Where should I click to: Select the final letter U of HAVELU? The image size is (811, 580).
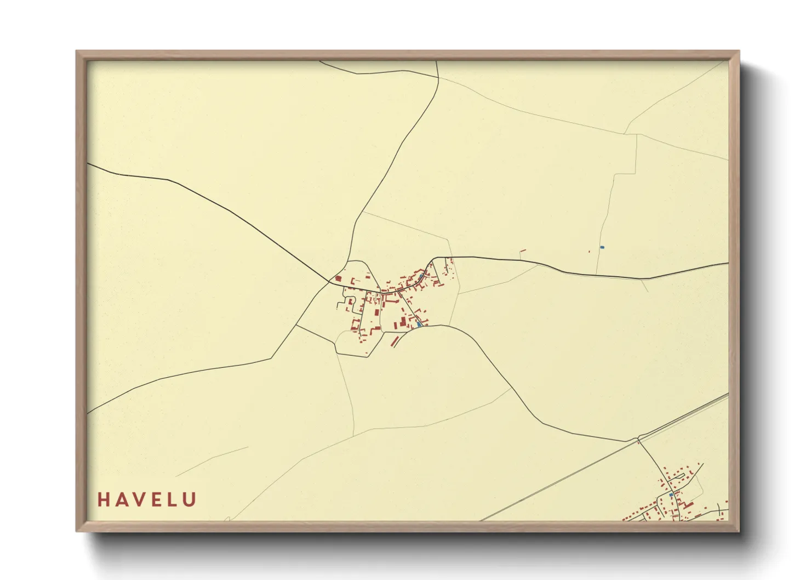(190, 499)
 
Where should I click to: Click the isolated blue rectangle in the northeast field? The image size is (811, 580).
(602, 247)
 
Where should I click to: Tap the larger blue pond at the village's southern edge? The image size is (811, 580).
(419, 323)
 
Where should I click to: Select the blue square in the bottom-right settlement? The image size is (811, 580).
(671, 494)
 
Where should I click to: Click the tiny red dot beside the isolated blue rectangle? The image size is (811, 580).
(589, 252)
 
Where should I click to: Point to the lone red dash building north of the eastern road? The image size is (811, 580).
(522, 251)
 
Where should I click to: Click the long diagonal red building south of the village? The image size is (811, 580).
(394, 341)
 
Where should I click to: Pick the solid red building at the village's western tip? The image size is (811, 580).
(338, 278)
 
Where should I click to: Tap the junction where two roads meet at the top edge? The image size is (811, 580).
(438, 77)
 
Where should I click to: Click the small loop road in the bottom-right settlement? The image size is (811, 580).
(692, 482)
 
